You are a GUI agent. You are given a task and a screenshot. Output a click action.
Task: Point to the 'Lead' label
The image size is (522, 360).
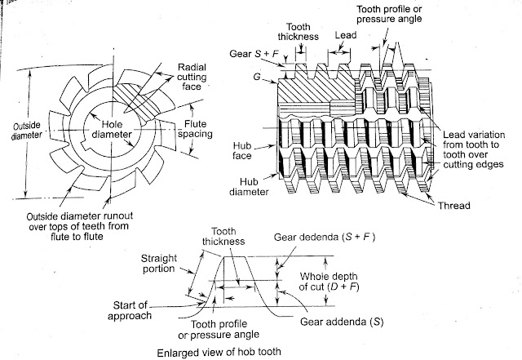(343, 36)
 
